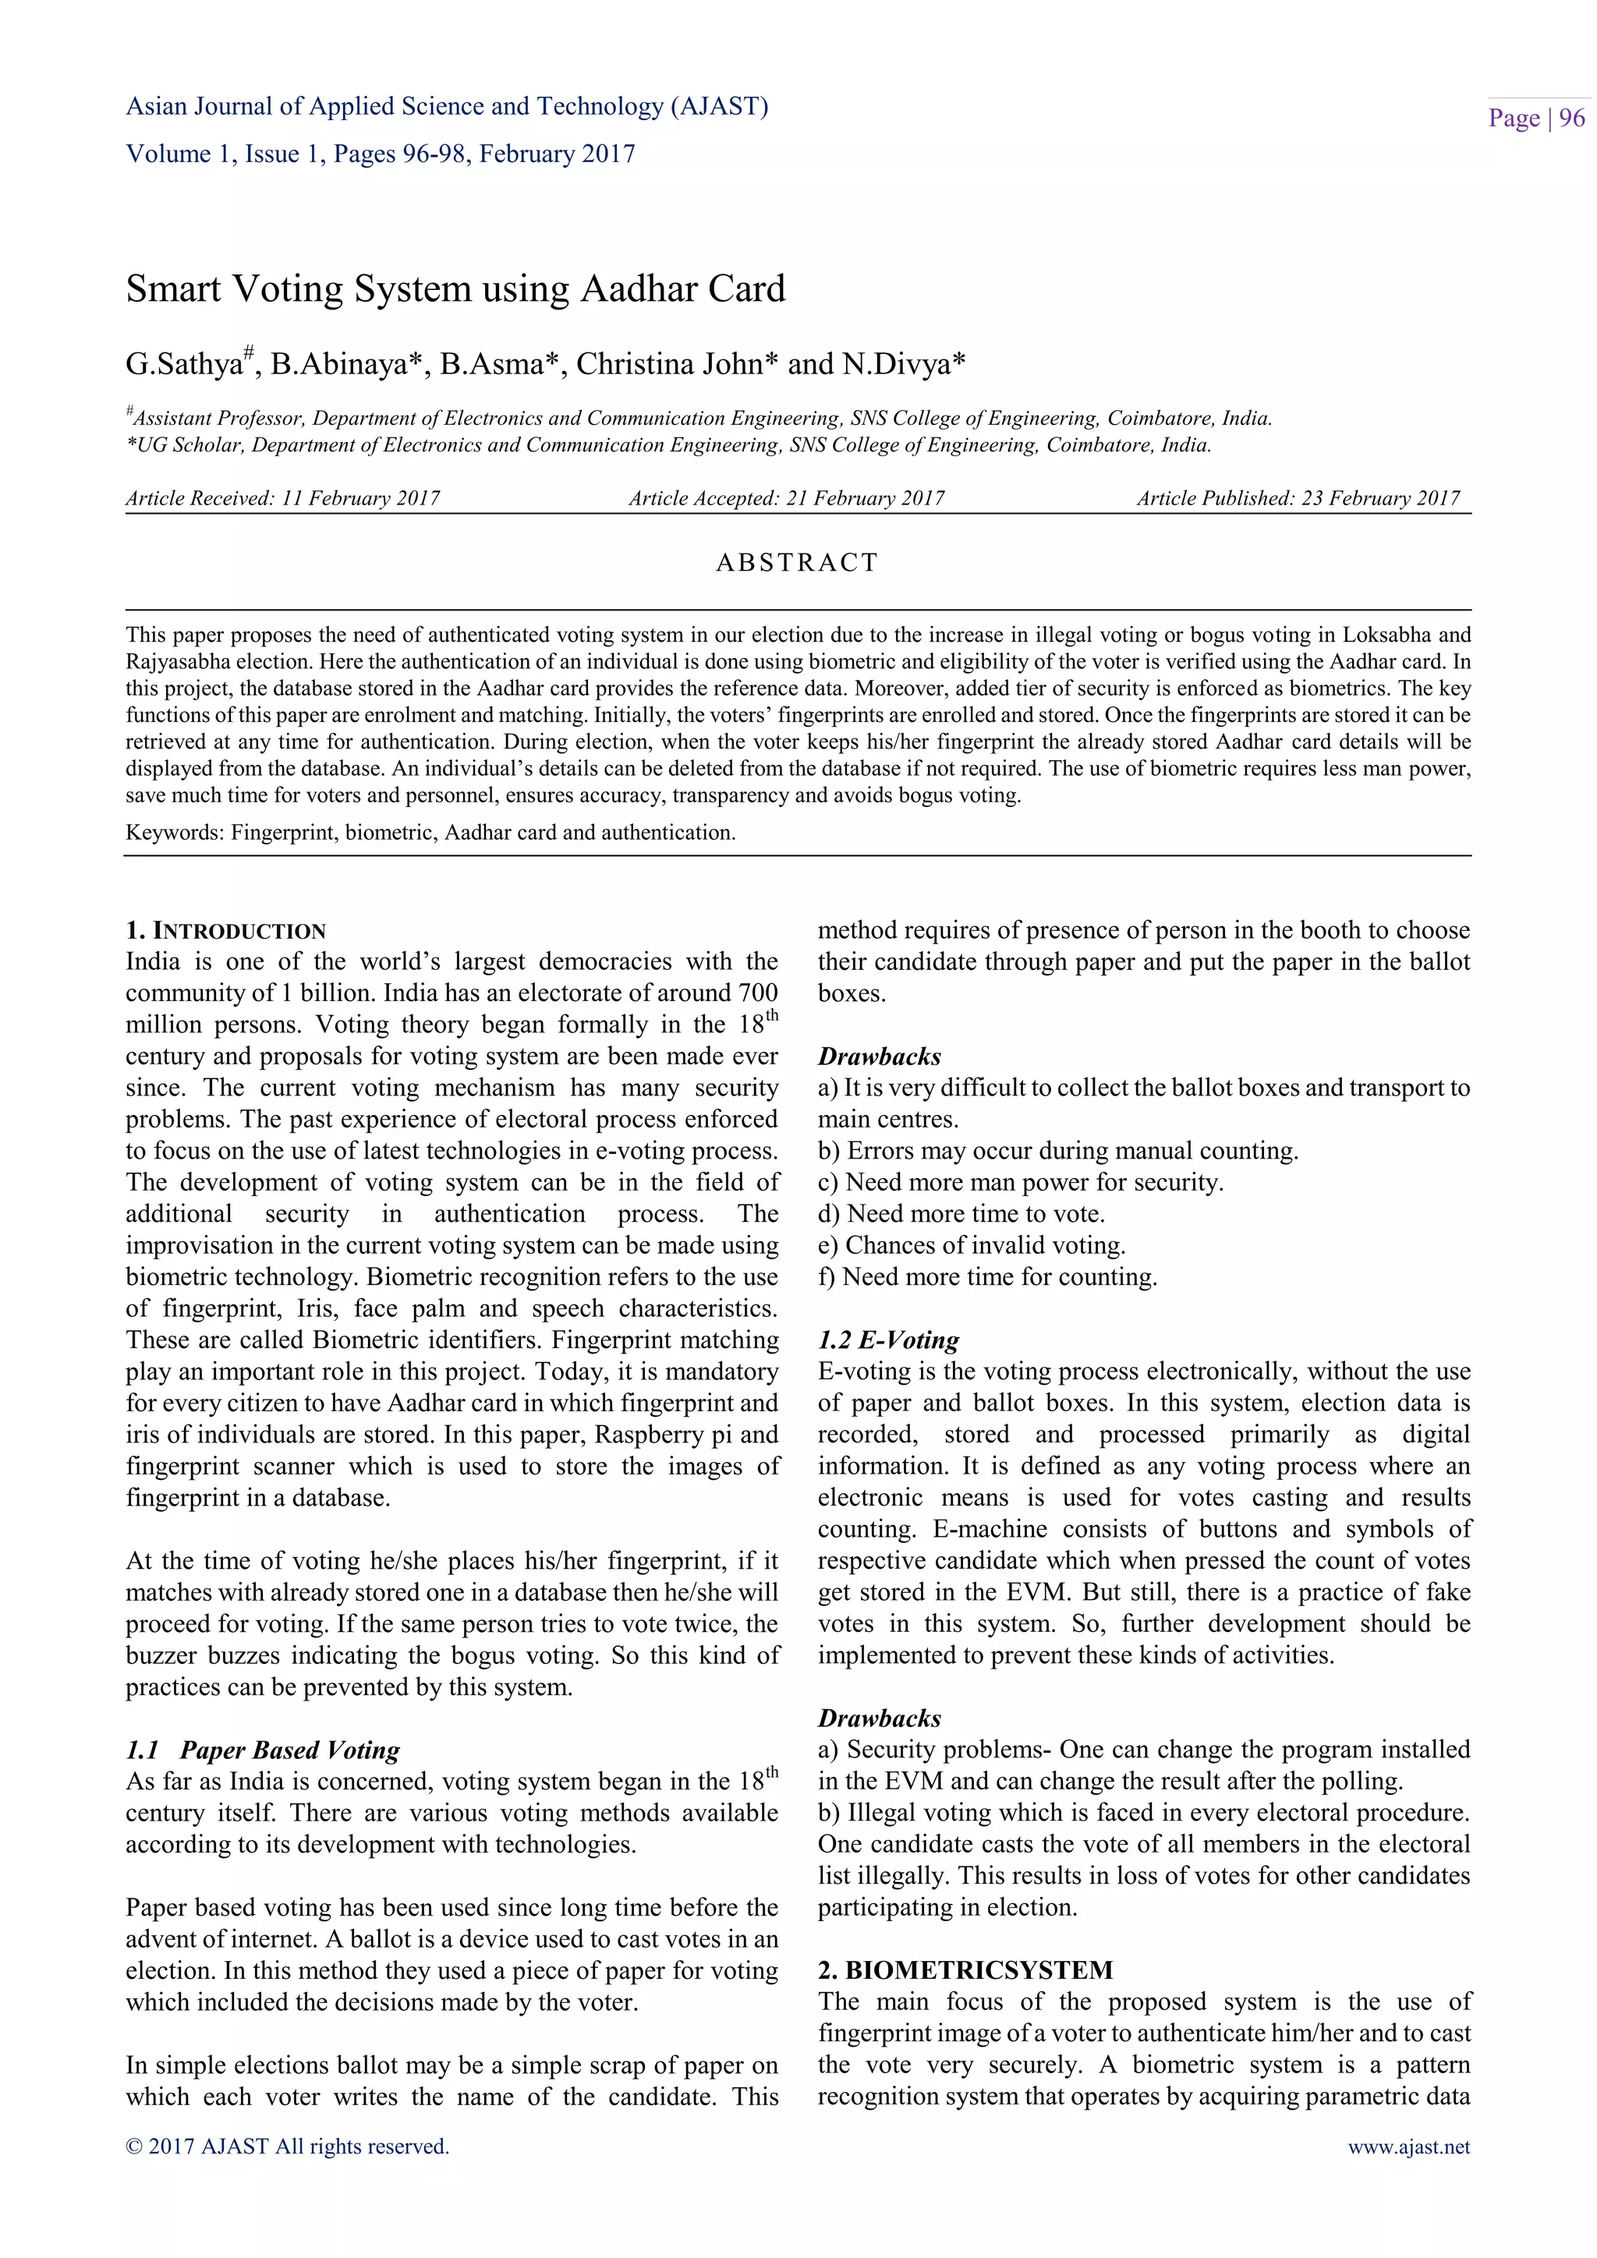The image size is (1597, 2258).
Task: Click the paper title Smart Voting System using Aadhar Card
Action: [455, 289]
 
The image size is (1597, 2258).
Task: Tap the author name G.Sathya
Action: [184, 365]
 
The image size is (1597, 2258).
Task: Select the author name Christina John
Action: [671, 365]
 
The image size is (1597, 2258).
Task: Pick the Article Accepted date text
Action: [786, 498]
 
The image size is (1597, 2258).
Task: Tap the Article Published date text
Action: [1298, 498]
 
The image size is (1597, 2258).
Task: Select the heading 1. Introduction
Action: [225, 930]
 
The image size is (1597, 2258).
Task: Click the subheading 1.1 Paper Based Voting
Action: [263, 1750]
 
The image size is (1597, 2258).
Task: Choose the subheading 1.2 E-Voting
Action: [888, 1340]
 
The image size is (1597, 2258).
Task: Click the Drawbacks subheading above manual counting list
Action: [879, 1056]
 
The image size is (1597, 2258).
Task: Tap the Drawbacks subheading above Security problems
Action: [879, 1718]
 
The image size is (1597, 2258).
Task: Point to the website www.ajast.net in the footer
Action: [1408, 2147]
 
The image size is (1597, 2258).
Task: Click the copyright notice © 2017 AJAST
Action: [287, 2147]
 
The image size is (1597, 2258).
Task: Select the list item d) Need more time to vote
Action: [961, 1213]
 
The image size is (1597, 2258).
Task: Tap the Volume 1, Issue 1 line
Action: [380, 154]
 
